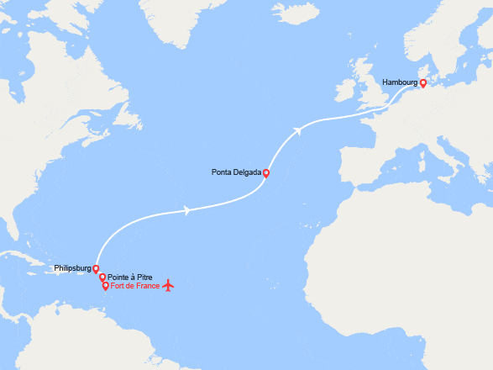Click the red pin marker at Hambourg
tap(422, 83)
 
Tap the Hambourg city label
tap(399, 82)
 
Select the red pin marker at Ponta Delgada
tap(266, 173)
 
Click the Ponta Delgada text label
tap(237, 173)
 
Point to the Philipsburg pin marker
tap(97, 269)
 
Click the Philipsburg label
tap(71, 269)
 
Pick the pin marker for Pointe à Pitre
tap(102, 277)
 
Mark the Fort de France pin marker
tap(105, 285)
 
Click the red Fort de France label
tap(134, 286)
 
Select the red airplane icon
tap(169, 285)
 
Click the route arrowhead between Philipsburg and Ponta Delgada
tap(186, 210)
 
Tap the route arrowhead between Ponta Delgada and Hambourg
tap(299, 129)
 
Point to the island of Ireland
tap(347, 87)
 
